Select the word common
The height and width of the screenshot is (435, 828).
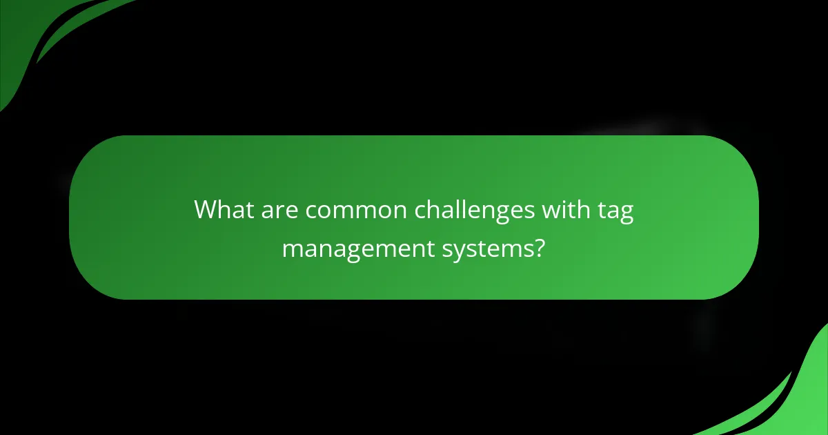357,209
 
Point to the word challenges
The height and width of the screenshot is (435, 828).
475,209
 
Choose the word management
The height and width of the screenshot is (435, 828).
357,249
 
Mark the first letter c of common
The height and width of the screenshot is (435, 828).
310,211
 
